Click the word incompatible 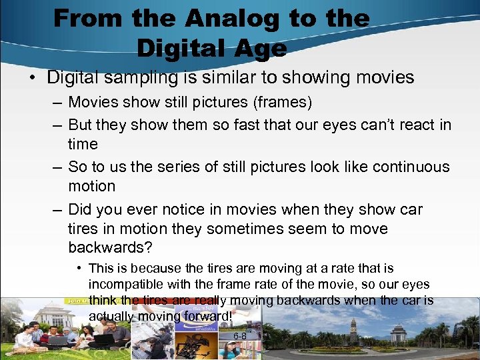pyautogui.click(x=127, y=285)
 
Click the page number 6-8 pyautogui.click(x=239, y=336)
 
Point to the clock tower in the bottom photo pyautogui.click(x=353, y=329)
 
